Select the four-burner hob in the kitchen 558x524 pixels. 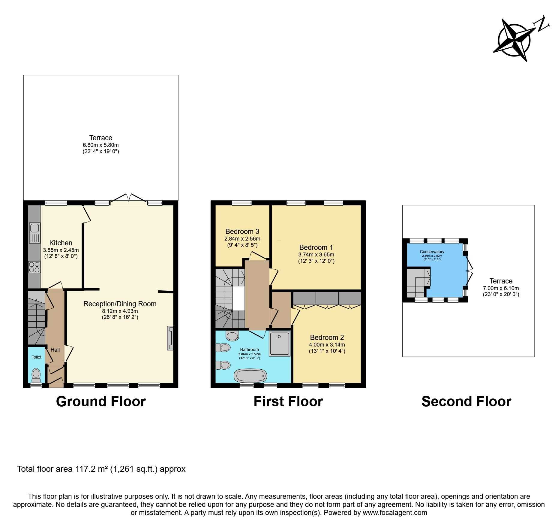[x=34, y=267]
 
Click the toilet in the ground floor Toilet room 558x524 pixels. [x=36, y=375]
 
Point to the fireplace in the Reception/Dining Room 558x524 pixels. [x=170, y=338]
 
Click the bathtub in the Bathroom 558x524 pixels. [x=250, y=375]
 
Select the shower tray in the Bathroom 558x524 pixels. [x=280, y=344]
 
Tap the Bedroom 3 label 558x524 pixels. [x=242, y=232]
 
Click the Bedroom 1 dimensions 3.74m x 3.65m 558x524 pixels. [x=316, y=255]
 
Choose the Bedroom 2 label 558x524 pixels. [x=327, y=338]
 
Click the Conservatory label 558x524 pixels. [x=432, y=252]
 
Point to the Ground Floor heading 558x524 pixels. [x=101, y=401]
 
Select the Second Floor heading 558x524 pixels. [x=466, y=401]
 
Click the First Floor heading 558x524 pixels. [x=288, y=401]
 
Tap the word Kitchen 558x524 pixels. [x=61, y=243]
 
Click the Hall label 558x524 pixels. [x=55, y=350]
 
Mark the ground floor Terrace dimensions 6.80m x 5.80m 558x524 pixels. [x=101, y=145]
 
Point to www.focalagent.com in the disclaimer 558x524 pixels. [x=395, y=512]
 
